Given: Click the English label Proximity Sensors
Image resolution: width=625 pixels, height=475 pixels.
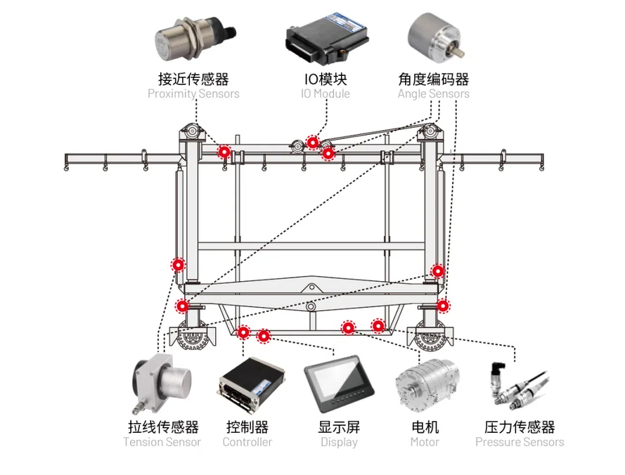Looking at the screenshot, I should [193, 94].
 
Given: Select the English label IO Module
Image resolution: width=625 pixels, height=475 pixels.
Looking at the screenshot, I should [325, 94].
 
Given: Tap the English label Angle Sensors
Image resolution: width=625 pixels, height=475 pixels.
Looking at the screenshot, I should [433, 94].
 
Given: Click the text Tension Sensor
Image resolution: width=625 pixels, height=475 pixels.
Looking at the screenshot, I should [162, 443].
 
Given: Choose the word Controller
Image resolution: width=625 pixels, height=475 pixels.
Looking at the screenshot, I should [247, 443].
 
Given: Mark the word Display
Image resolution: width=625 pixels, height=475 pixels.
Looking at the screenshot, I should [339, 443].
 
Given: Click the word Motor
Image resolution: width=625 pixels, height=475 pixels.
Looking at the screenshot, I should [425, 443].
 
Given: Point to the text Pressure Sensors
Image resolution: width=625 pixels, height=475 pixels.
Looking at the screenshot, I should [520, 443].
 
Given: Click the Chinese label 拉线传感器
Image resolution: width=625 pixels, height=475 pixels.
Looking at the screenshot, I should [163, 427].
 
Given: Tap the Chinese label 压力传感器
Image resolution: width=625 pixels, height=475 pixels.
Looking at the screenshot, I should [520, 427].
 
